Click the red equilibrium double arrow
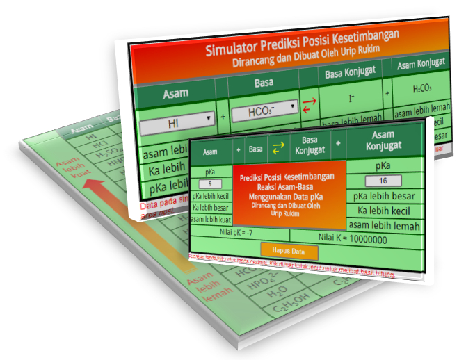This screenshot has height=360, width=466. (x=310, y=106)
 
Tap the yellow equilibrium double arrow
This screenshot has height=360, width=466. (x=278, y=147)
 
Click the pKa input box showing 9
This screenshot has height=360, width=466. (x=210, y=184)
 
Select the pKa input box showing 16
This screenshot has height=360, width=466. (x=383, y=181)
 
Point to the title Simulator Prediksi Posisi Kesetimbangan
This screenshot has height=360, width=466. (x=302, y=49)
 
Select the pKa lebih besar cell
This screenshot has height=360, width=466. (x=384, y=197)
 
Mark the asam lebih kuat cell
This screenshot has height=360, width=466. (x=211, y=219)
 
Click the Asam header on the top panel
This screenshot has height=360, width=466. (x=175, y=94)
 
